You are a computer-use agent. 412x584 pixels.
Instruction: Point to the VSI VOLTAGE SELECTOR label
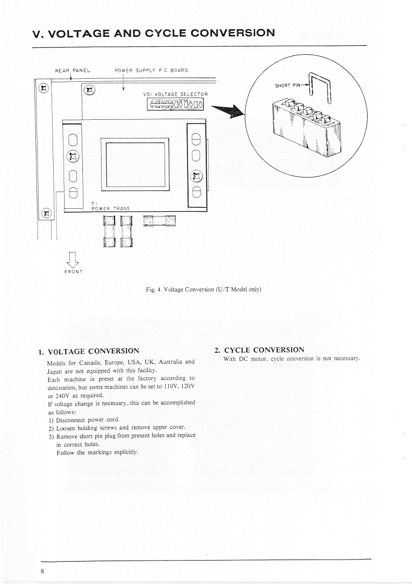[x=175, y=94]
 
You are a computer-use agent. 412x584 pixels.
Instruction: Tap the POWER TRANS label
[x=110, y=208]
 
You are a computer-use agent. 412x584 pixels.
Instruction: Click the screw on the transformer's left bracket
[x=73, y=157]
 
